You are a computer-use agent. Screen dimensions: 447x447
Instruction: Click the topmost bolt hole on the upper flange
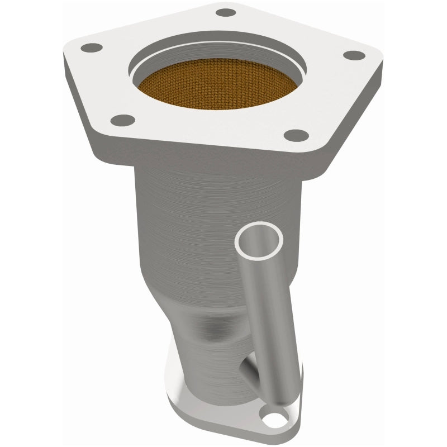[226, 12]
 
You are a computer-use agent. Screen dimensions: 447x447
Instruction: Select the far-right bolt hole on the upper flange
[353, 55]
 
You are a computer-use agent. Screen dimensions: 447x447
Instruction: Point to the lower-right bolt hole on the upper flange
[299, 134]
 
